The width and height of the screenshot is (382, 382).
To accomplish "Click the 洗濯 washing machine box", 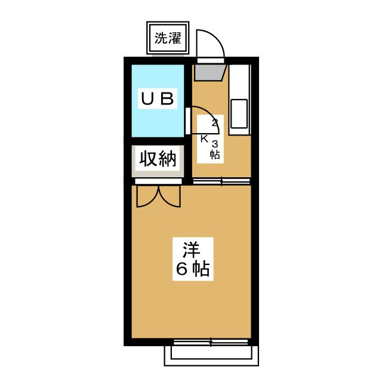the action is (x=168, y=39).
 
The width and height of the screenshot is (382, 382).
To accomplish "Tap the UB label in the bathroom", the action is (x=158, y=99).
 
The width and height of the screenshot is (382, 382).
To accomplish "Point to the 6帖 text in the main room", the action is (x=192, y=270).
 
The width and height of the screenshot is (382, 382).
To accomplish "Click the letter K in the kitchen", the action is (x=204, y=139).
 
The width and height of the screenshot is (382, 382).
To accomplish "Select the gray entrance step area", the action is (x=208, y=73).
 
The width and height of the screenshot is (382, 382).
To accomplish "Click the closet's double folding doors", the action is (x=158, y=196).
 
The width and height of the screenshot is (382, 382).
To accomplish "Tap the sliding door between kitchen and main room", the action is (x=221, y=181).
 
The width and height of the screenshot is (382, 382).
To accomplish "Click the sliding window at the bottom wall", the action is (x=212, y=343).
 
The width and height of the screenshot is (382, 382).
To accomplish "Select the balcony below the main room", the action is (x=212, y=355).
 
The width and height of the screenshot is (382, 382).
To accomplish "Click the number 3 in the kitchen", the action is (x=215, y=143).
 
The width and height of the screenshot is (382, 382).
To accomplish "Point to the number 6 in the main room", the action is (x=181, y=270).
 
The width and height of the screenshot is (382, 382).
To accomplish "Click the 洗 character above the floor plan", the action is (x=161, y=39).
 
